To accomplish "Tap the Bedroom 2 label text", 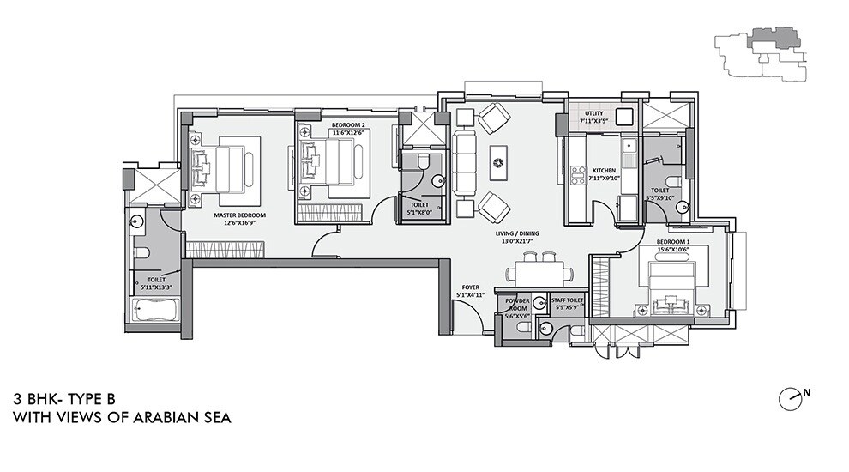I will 348,125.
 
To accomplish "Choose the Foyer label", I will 471,287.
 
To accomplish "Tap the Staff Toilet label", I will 568,300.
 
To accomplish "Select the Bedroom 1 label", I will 673,242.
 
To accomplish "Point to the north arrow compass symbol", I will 791,397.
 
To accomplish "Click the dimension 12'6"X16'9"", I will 241,223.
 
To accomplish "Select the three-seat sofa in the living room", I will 466,160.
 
